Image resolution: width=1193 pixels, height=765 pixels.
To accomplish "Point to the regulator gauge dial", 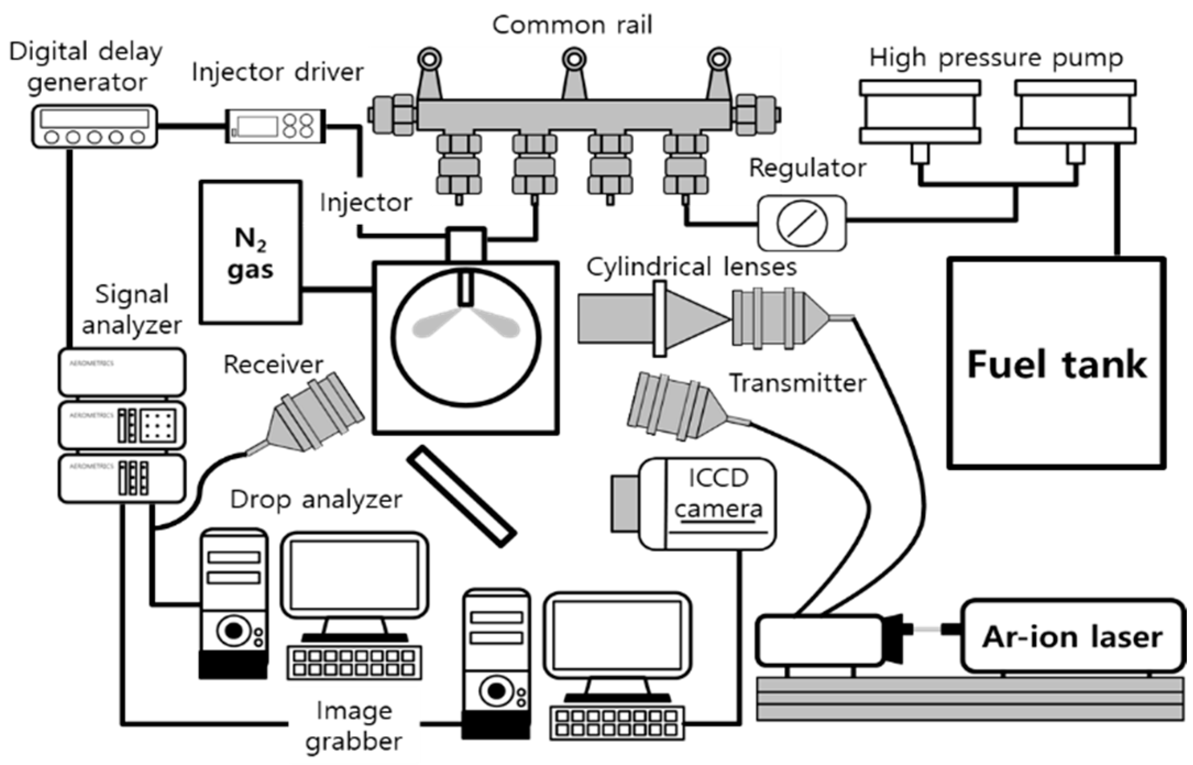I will [802, 223].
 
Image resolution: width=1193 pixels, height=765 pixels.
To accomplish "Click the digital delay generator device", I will [94, 126].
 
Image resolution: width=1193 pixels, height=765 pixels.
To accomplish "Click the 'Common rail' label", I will [572, 25].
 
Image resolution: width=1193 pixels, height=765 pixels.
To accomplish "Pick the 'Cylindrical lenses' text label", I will [691, 267].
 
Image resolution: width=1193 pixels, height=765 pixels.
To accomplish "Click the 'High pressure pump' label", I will [996, 58].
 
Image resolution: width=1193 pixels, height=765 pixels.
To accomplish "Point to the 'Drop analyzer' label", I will [316, 499].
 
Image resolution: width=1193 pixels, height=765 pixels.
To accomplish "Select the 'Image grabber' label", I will [354, 726].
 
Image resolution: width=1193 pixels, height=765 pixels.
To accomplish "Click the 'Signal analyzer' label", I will [131, 309].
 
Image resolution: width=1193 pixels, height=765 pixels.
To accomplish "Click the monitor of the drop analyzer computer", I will [354, 575].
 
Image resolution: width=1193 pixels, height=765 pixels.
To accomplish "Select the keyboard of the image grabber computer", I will [617, 723].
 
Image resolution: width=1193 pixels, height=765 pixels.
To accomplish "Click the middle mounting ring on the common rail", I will [574, 58].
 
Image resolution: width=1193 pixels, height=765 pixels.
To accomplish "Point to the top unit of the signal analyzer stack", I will [122, 372].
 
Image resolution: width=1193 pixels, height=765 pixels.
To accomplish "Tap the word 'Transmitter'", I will [797, 383].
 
